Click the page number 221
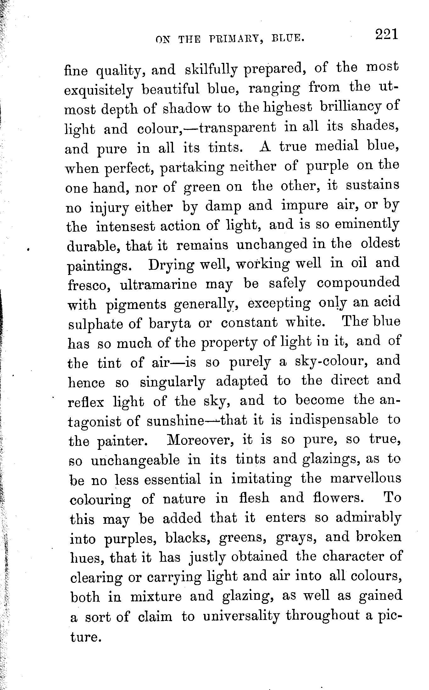click(x=387, y=34)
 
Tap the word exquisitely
click(x=99, y=91)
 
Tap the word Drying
click(x=171, y=265)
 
